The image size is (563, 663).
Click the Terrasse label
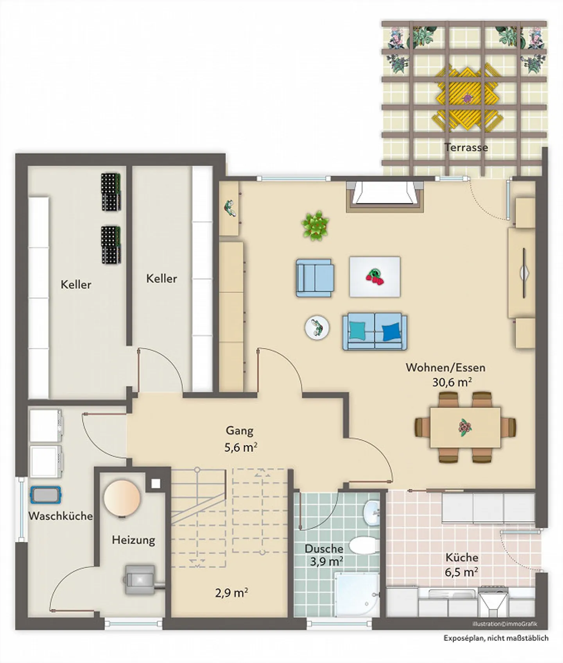466,148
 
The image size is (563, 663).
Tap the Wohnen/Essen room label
446,368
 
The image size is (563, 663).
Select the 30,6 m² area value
452,382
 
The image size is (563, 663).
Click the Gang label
240,431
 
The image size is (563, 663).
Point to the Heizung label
133,540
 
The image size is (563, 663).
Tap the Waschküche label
61,516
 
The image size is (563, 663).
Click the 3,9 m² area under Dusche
326,562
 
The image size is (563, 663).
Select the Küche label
462,558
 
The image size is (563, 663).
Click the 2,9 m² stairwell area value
231,593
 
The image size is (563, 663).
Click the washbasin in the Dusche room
371,512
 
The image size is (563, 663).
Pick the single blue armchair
315,278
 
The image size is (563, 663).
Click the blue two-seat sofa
375,331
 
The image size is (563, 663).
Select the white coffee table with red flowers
375,277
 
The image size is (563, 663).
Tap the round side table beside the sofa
317,327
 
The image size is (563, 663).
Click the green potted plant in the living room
315,226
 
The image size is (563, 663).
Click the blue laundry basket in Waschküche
46,495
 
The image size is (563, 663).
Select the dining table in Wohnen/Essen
465,427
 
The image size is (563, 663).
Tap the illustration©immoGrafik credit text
505,624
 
